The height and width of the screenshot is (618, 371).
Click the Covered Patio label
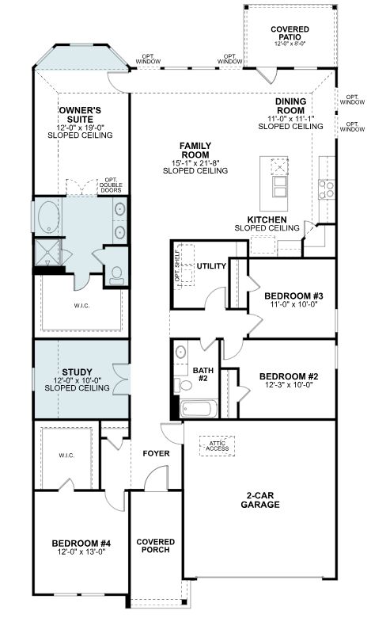(x=290, y=32)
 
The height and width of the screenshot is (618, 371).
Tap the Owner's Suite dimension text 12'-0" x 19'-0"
(x=80, y=128)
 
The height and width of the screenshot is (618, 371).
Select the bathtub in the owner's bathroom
(x=49, y=217)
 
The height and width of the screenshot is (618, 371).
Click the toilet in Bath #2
(x=183, y=384)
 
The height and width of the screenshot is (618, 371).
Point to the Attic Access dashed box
(x=218, y=446)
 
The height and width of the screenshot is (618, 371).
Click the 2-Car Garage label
(x=260, y=500)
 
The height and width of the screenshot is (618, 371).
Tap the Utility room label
(x=211, y=266)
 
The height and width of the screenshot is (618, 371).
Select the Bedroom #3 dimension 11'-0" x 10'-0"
(x=293, y=304)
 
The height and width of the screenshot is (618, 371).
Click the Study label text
(x=77, y=372)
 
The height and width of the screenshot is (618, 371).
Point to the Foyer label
(x=156, y=454)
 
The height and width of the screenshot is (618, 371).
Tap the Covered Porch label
(x=156, y=545)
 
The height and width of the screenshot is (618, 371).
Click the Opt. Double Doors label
(x=111, y=185)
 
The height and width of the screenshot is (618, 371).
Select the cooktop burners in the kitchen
(x=327, y=189)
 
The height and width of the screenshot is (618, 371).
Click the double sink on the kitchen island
(x=279, y=186)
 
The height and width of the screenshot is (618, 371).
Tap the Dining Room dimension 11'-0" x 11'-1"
(x=291, y=119)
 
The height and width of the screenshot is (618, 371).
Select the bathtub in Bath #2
(x=199, y=409)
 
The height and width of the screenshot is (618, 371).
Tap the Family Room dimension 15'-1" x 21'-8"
(x=195, y=162)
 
